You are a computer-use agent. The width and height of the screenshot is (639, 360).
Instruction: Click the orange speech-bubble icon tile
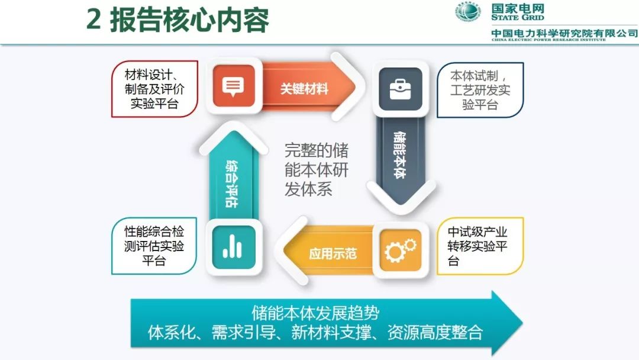234,86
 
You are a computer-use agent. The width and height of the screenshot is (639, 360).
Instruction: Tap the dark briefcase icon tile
400,89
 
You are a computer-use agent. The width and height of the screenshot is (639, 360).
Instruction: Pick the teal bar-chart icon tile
234,247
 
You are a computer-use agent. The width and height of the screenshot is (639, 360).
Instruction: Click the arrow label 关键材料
304,88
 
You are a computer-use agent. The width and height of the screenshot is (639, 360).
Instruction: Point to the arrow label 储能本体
400,155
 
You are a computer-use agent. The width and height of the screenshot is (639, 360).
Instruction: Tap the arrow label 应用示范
333,253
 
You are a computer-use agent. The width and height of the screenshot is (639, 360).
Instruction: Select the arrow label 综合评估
232,184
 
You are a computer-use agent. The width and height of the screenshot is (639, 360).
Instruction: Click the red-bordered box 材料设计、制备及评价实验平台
154,89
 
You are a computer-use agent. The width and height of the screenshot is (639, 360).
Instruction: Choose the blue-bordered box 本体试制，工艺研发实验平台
480,90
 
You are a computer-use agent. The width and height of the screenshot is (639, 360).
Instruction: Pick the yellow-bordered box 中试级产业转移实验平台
480,246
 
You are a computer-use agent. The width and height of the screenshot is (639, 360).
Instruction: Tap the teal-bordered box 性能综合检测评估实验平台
154,246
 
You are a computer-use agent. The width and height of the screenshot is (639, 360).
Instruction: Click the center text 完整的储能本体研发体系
316,169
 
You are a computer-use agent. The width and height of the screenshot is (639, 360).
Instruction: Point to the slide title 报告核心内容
189,20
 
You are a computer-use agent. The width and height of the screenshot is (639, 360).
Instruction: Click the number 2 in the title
93,20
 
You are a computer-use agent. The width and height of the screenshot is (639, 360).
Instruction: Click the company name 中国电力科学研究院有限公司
564,33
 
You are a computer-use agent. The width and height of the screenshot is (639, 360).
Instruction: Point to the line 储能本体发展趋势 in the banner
315,313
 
